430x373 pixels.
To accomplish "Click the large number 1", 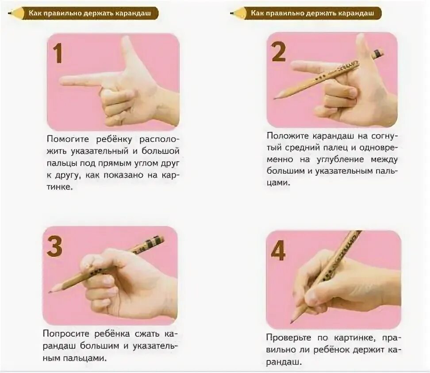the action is point(58,53).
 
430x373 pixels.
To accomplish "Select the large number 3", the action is point(54,246).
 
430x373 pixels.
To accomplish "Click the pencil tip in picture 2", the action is point(275,98).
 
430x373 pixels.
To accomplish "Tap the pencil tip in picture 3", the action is point(50,291).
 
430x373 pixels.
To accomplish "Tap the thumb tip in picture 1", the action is point(126,40).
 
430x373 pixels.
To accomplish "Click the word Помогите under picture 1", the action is point(68,139).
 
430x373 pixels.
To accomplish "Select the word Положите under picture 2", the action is point(288,136).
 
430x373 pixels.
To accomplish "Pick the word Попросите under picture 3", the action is point(66,334).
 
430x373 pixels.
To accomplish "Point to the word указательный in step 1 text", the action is point(100,151).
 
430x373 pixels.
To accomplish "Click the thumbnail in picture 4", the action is point(311,297).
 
